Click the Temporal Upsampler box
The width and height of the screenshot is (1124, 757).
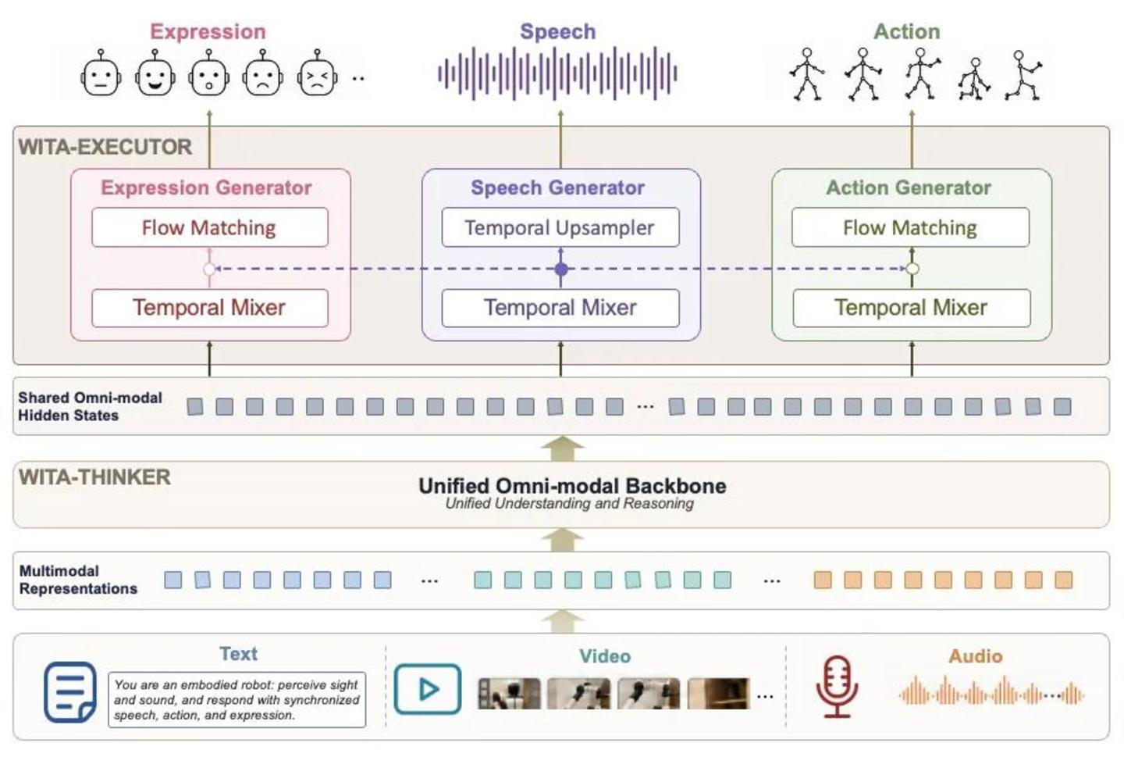click(x=560, y=227)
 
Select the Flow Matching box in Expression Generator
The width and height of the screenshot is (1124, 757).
click(x=210, y=227)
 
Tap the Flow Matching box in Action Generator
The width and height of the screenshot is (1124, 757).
click(x=910, y=227)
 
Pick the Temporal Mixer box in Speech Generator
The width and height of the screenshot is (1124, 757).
click(x=560, y=308)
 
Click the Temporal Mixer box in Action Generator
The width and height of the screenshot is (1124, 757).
click(x=911, y=308)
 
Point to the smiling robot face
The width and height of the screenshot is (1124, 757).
click(x=155, y=73)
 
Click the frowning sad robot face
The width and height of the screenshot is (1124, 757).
click(x=262, y=73)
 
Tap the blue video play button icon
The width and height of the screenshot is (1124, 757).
click(x=428, y=689)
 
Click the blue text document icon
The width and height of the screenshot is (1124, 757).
click(x=70, y=692)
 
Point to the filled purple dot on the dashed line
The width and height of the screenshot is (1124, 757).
click(x=561, y=270)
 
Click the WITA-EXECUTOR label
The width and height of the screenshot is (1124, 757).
click(x=105, y=147)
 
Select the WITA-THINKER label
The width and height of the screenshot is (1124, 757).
click(x=95, y=477)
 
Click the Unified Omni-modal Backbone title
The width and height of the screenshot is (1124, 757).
click(x=573, y=486)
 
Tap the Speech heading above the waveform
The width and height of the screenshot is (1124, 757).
click(x=558, y=32)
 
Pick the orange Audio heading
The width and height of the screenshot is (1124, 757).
click(x=976, y=656)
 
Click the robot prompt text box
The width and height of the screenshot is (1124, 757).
click(x=237, y=700)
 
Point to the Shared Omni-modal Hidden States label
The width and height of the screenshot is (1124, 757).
click(x=91, y=406)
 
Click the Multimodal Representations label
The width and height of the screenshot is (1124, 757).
click(x=78, y=580)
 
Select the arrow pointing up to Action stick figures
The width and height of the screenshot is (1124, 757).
click(x=912, y=139)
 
